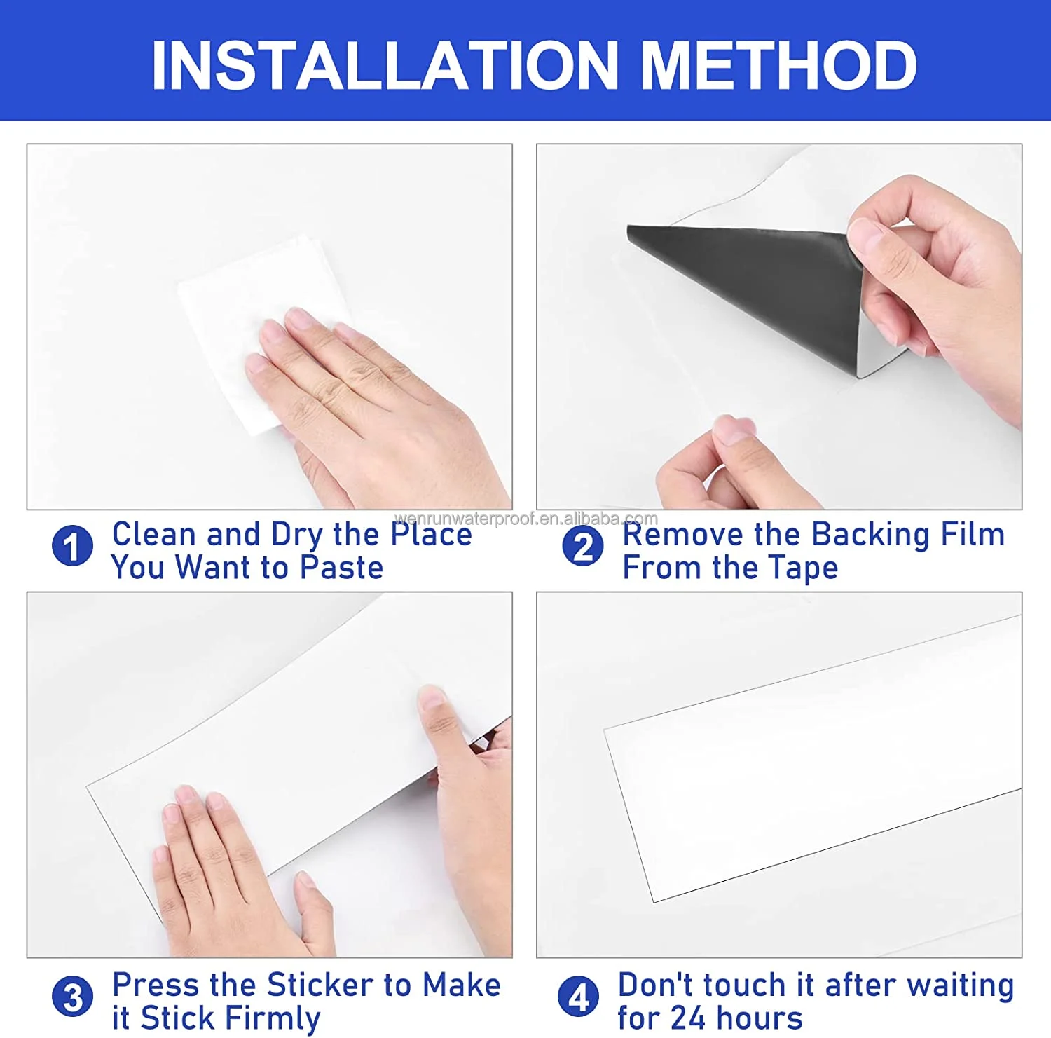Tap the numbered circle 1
point(72,546)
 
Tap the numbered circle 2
point(582,546)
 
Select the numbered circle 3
point(72,997)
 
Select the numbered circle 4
point(578,997)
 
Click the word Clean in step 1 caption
point(154,534)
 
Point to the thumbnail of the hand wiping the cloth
point(270,327)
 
